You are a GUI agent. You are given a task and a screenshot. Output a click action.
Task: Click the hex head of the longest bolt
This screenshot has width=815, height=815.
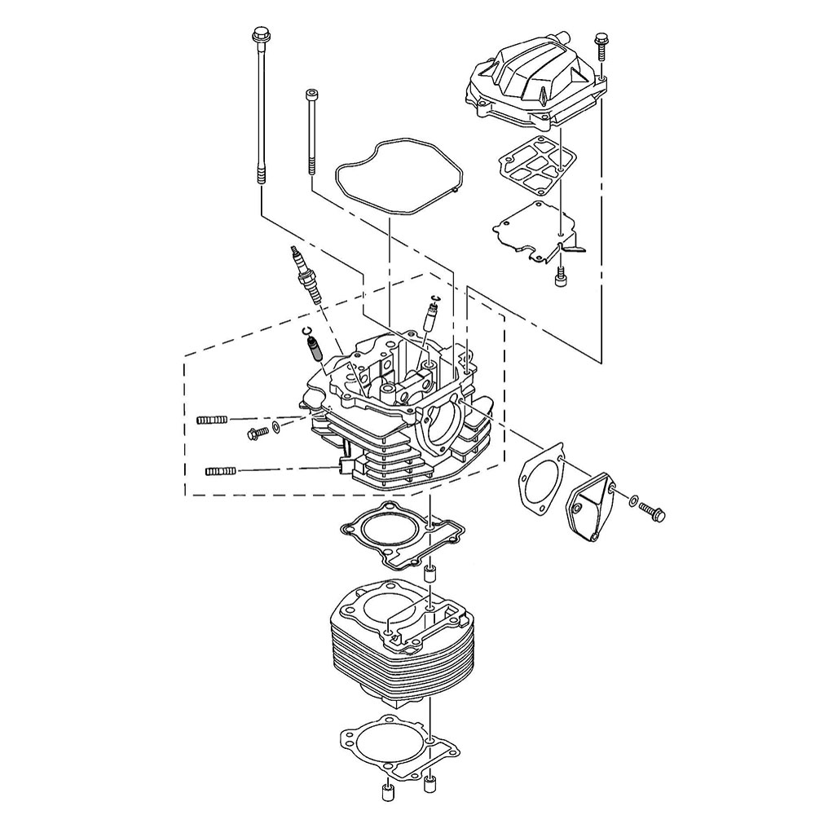(x=261, y=36)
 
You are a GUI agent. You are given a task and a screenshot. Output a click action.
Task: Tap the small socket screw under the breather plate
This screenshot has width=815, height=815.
(x=561, y=279)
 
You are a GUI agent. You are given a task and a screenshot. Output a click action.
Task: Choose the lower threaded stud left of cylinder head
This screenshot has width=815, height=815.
(x=220, y=470)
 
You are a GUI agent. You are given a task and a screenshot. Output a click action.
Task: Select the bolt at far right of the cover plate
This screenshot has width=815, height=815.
(x=653, y=512)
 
